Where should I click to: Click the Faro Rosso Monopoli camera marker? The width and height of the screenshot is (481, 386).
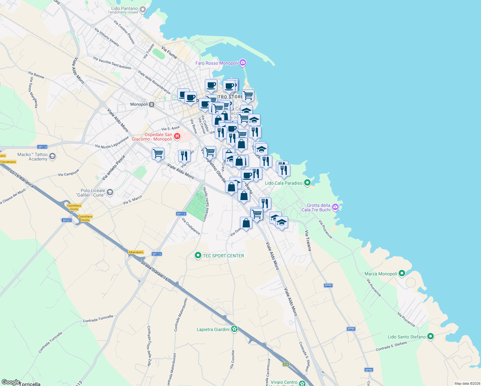point(243,62)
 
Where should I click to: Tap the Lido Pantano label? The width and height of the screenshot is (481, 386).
point(124,9)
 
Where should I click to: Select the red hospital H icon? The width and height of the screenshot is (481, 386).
point(177,137)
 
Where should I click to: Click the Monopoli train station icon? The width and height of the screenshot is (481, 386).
point(152,104)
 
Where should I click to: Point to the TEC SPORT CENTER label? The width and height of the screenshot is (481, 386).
point(223,256)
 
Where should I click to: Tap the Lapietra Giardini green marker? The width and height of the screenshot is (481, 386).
point(235,329)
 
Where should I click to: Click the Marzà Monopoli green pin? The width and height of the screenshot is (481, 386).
point(402,273)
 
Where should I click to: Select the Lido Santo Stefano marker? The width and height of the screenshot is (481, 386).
point(431,336)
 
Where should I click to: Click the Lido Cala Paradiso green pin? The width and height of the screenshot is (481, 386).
point(307,183)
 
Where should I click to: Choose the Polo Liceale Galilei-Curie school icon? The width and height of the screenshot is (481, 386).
point(110,192)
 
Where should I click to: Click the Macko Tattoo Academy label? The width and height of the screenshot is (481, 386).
point(32,157)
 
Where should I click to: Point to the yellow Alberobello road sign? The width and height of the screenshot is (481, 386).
point(136,252)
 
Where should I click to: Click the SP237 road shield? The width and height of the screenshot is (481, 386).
point(67,220)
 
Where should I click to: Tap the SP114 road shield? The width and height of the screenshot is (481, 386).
point(42,147)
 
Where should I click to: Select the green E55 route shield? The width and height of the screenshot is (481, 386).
point(286,364)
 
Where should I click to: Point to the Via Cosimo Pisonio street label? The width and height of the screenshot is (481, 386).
point(124,32)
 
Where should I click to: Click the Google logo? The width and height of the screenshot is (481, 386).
point(11,382)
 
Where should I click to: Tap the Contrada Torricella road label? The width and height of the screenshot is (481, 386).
point(98,319)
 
